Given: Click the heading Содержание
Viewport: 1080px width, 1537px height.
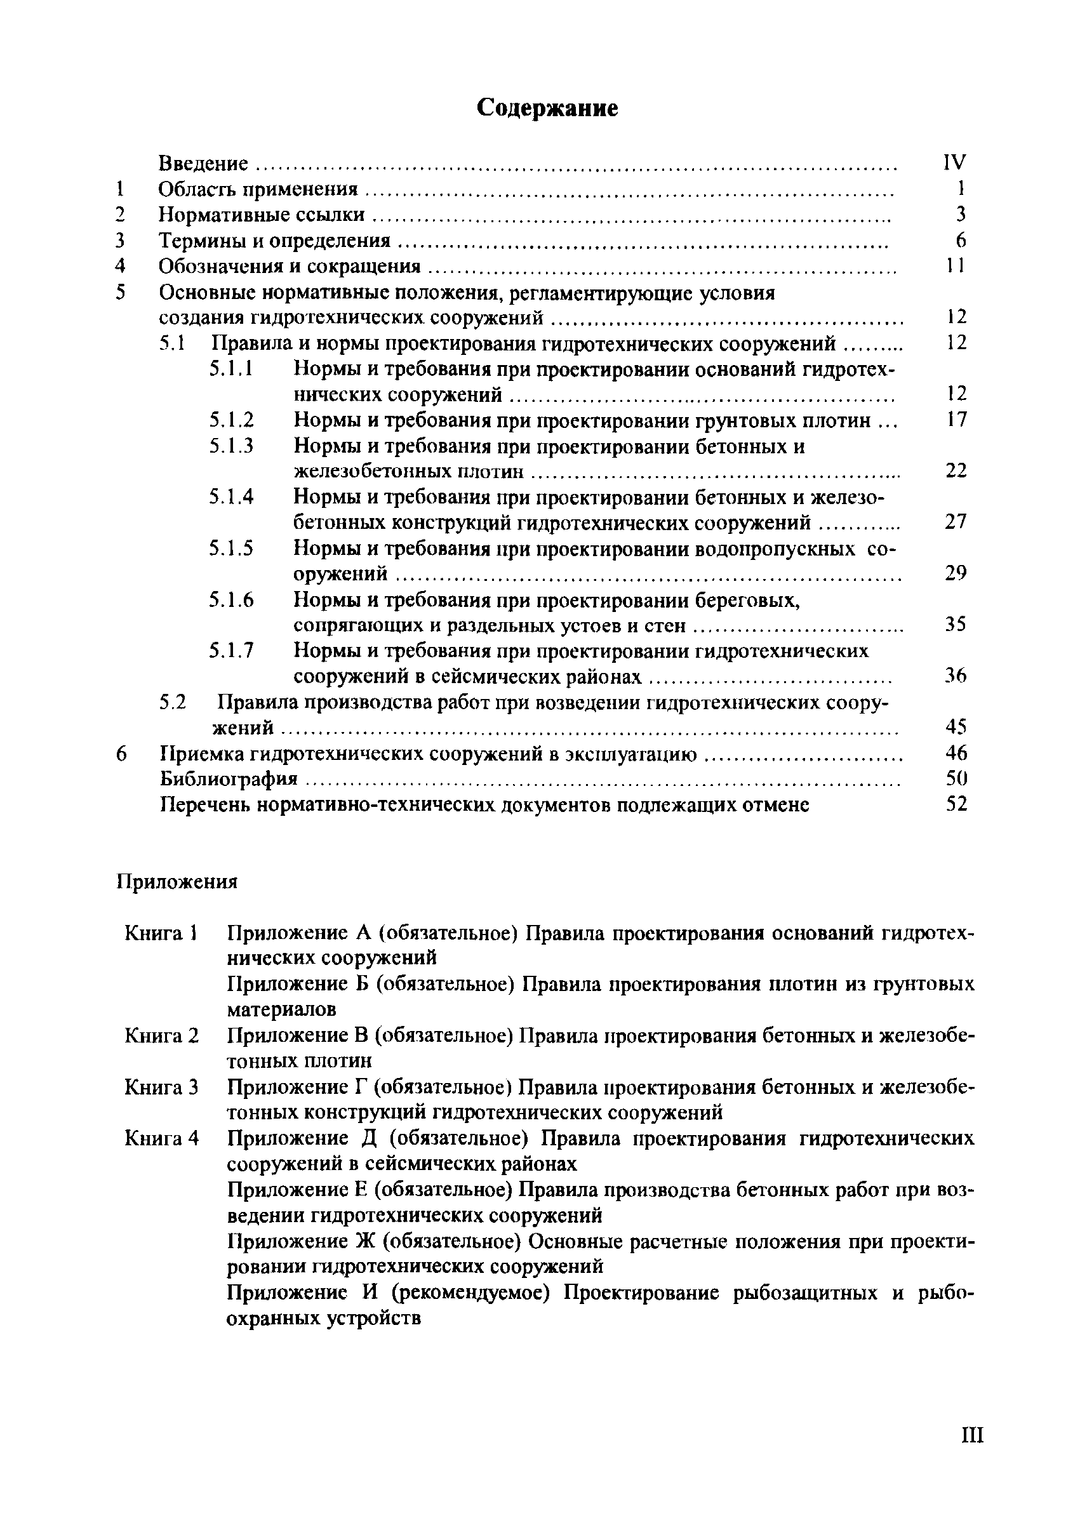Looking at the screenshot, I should tap(547, 108).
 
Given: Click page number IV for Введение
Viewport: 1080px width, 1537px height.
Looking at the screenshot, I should tap(954, 162).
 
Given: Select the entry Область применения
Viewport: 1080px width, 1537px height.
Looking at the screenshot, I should tap(258, 189).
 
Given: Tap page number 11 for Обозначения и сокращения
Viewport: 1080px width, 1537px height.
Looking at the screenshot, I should tap(956, 266).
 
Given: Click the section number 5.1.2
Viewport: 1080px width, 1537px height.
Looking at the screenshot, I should tap(231, 420).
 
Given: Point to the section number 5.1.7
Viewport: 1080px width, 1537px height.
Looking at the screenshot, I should tap(231, 651).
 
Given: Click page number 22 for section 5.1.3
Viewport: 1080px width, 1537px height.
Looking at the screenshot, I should tap(956, 471).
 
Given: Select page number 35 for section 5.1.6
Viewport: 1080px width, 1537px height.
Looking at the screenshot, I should tap(956, 625).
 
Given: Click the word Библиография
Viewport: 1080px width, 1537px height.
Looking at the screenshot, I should tap(229, 778).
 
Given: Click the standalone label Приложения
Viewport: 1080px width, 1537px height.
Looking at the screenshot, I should tap(177, 882).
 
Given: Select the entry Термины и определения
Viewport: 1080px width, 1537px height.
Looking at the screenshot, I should tap(274, 241).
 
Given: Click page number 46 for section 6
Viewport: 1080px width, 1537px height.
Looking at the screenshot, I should tap(956, 753).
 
